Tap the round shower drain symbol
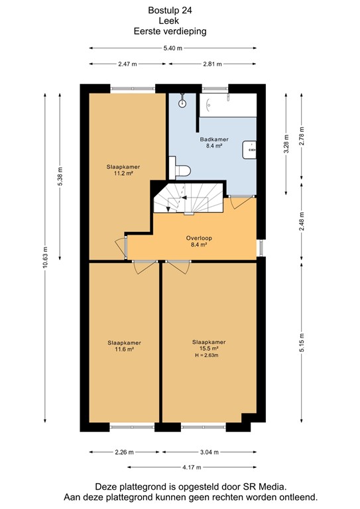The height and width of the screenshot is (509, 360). [x=182, y=103]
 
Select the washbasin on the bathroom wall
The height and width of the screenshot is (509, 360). [x=249, y=150]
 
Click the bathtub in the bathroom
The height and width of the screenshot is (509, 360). [x=228, y=105]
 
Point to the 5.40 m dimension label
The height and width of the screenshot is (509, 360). [x=172, y=48]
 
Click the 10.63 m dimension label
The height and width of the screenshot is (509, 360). [x=45, y=257]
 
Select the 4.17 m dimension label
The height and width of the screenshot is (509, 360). [x=192, y=467]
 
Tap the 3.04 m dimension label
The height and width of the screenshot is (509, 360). [x=210, y=452]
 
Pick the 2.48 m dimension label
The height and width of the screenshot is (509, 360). [x=302, y=221]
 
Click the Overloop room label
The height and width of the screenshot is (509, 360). [x=199, y=238]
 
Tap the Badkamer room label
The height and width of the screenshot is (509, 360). [x=214, y=139]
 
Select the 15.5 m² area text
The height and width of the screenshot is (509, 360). [x=209, y=349]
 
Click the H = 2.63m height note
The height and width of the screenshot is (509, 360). [x=206, y=355]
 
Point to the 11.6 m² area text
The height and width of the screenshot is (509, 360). [x=125, y=349]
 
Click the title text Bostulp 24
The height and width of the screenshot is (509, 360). [x=170, y=11]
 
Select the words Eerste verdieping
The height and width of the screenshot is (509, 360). [x=170, y=32]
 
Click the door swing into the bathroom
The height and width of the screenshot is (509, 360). [x=241, y=202]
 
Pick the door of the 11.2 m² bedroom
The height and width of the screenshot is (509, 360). [x=121, y=249]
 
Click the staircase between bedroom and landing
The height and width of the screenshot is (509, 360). [x=188, y=198]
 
